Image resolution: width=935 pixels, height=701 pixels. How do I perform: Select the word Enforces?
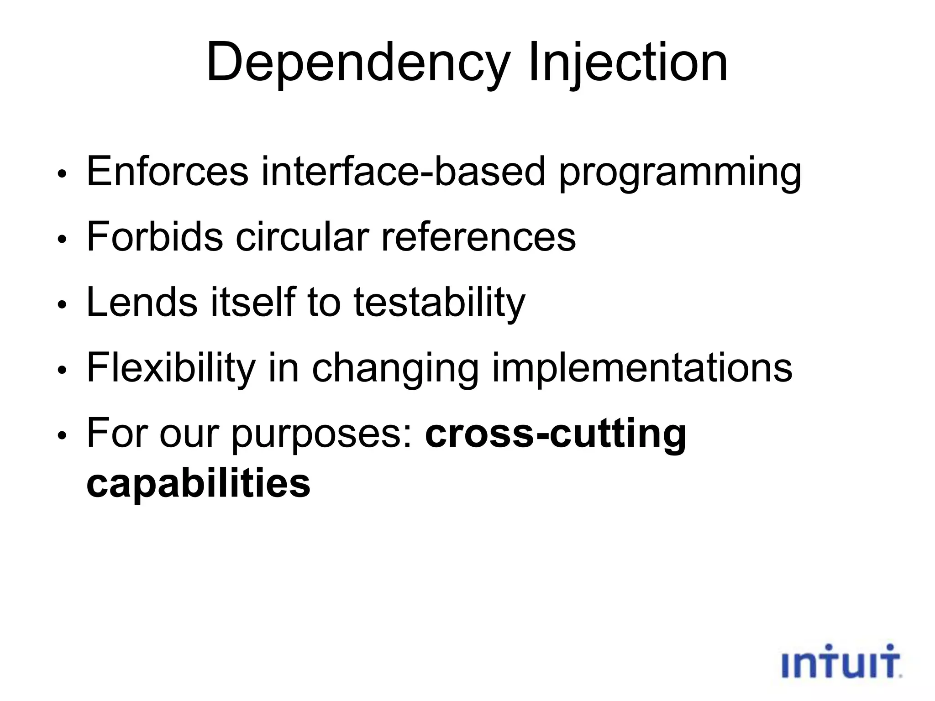click(x=167, y=172)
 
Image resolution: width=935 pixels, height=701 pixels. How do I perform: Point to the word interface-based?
click(x=403, y=172)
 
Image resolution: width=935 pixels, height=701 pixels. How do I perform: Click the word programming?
click(x=680, y=173)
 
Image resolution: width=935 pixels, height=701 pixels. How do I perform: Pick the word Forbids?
click(x=154, y=237)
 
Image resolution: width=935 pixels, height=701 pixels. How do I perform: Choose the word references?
click(x=478, y=237)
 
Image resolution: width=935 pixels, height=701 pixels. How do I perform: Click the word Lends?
click(x=142, y=302)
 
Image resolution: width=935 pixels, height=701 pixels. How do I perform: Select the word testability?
click(x=439, y=303)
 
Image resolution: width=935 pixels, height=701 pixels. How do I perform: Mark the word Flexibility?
click(x=171, y=369)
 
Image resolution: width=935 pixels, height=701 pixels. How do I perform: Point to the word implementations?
click(x=642, y=369)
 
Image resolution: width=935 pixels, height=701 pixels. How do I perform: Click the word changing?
click(x=395, y=370)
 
